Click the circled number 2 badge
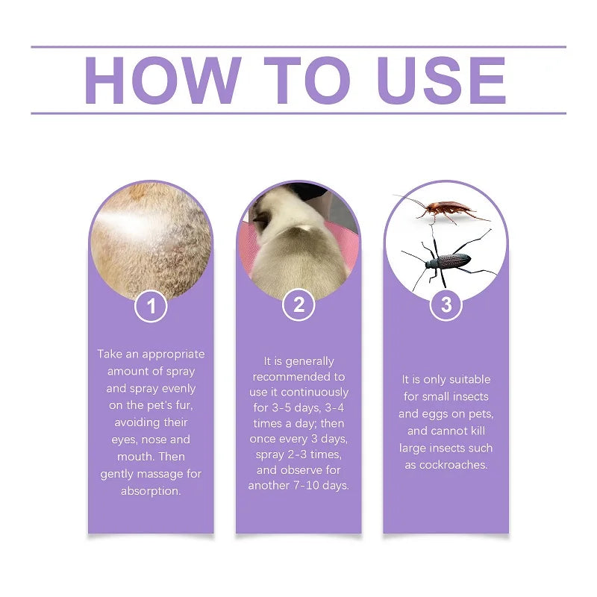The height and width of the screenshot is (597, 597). [x=298, y=304]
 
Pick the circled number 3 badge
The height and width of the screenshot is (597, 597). [x=446, y=304]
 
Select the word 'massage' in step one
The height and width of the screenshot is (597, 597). [x=163, y=474]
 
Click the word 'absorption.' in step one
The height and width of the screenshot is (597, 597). [x=151, y=491]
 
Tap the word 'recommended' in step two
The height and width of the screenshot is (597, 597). [x=297, y=377]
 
